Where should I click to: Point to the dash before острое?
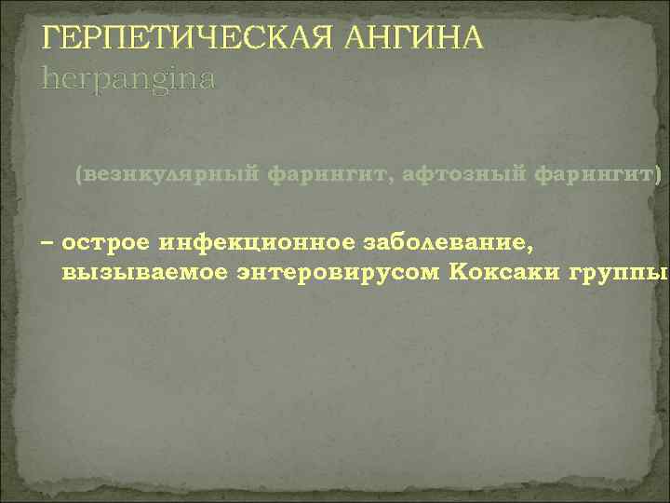pyautogui.click(x=47, y=244)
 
